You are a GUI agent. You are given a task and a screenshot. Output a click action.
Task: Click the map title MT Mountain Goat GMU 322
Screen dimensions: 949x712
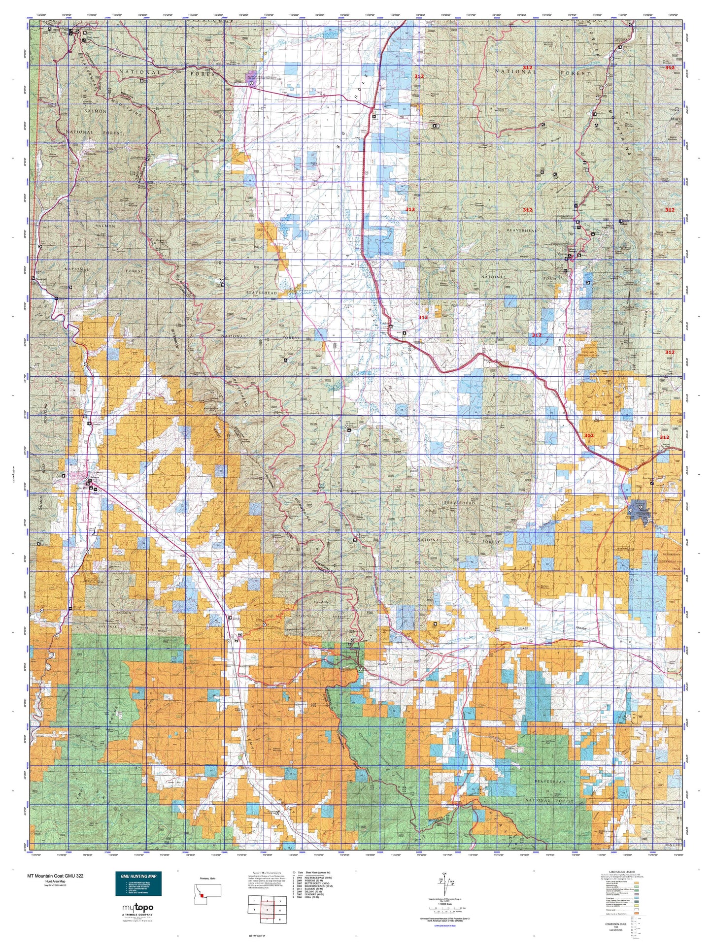pos(55,876)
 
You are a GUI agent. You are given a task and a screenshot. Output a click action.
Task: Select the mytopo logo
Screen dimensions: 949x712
pos(137,908)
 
